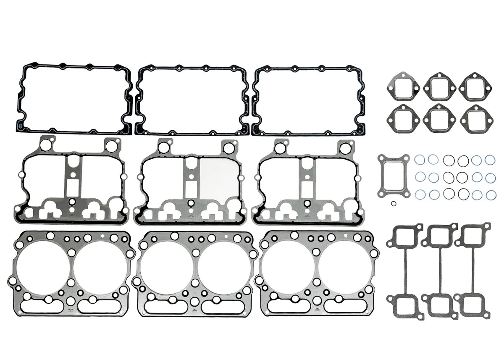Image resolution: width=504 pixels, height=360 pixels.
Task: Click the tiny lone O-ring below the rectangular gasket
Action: coord(393,204)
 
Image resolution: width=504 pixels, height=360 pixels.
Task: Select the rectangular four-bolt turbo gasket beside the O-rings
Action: coord(393,176)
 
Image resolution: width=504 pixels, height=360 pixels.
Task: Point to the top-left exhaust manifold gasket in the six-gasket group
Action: coord(403,87)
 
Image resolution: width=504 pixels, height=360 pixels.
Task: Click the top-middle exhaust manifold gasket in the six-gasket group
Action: coord(439,87)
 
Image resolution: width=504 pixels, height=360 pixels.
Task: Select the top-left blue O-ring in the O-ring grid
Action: coord(420,160)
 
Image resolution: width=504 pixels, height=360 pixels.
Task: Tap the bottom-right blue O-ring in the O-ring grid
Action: coord(491,195)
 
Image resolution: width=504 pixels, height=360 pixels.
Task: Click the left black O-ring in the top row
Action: coord(449,160)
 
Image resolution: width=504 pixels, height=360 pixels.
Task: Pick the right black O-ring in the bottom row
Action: coord(463,194)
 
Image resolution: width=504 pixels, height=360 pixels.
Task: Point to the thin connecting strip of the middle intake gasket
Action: coord(440,271)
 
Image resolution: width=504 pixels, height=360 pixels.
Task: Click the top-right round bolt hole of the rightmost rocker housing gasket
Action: coord(344,148)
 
